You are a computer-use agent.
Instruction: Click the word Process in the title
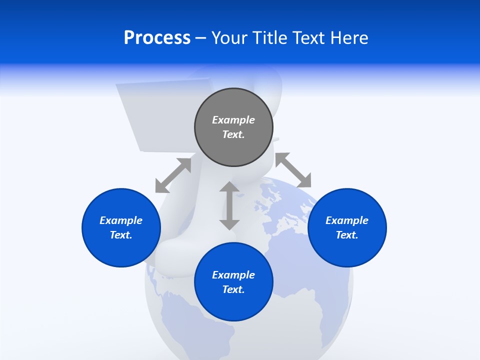click(x=157, y=38)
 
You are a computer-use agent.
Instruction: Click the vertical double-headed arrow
click(x=229, y=205)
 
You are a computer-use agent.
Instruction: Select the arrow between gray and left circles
click(x=173, y=175)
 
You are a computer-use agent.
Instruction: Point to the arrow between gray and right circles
click(x=293, y=170)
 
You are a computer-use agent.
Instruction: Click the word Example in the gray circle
click(x=233, y=120)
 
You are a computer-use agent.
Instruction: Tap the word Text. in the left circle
click(x=121, y=235)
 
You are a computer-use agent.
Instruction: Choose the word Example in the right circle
click(x=347, y=220)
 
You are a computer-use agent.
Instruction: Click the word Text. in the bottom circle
click(x=233, y=289)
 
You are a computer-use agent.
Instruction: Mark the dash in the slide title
click(x=200, y=38)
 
